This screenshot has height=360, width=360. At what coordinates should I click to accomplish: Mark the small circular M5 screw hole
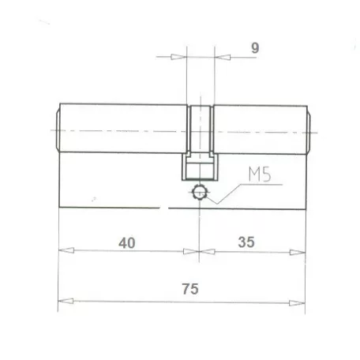[x=200, y=192]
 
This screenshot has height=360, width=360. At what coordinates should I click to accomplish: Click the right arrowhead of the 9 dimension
[x=221, y=57]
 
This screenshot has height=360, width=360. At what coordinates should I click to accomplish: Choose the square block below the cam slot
[x=200, y=167]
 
